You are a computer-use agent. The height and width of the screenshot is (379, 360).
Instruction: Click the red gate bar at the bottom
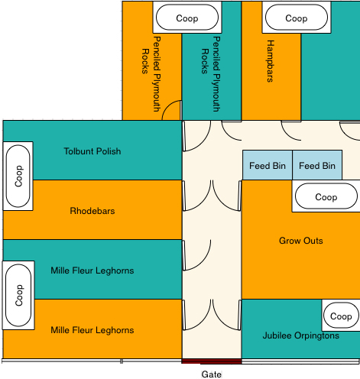(x=212, y=361)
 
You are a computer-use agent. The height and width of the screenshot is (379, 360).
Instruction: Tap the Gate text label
(x=212, y=374)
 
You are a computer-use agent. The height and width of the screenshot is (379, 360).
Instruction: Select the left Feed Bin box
(x=268, y=165)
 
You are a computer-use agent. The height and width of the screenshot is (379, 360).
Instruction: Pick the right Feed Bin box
(x=317, y=165)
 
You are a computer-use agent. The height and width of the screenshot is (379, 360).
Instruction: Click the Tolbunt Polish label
(x=92, y=151)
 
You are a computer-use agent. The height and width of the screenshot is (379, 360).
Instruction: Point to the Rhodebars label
(x=92, y=211)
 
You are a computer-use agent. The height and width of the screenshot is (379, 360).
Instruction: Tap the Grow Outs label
(x=301, y=241)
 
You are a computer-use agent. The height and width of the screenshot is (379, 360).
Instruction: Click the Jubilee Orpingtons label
(x=301, y=335)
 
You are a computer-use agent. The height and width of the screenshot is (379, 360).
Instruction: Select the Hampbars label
(x=270, y=61)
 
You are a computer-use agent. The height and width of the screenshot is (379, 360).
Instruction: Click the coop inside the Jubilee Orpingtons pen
(x=341, y=316)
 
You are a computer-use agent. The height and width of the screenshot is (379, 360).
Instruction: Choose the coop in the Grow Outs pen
(x=326, y=196)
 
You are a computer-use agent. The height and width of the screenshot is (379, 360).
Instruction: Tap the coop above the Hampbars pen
(x=297, y=18)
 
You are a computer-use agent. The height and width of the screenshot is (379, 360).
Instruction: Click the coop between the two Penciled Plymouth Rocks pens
(x=187, y=18)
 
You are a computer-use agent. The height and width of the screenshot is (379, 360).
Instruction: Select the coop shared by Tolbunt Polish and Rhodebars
(x=18, y=176)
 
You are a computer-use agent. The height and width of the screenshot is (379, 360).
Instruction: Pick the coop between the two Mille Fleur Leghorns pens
(x=18, y=295)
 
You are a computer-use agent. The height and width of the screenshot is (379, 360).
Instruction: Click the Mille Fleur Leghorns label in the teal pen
(x=92, y=270)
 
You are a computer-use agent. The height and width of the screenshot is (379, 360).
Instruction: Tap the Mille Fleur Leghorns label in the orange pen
(x=92, y=330)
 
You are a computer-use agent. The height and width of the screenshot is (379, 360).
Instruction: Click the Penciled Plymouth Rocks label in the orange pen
(x=151, y=74)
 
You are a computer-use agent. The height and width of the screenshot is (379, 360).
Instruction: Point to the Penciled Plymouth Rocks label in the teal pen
(x=211, y=74)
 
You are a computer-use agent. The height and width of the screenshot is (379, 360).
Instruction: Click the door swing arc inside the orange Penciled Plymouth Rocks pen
(x=168, y=106)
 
